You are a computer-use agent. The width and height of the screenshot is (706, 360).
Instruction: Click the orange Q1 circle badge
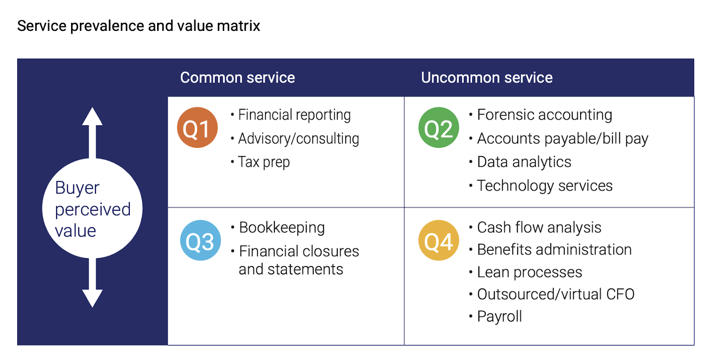[x=197, y=127]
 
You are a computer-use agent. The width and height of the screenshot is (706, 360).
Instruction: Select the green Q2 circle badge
[x=439, y=127]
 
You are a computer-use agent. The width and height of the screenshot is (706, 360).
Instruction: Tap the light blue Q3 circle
[x=200, y=240]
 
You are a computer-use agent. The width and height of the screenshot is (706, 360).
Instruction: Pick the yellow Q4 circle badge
[x=439, y=240]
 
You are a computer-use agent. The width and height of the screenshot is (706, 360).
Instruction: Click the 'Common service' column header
[x=237, y=78]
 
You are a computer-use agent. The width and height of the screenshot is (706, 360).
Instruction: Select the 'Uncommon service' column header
[x=487, y=78]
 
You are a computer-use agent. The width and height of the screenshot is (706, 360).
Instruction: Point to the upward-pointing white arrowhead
[x=92, y=116]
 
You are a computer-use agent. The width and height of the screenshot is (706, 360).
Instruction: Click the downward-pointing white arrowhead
[x=92, y=298]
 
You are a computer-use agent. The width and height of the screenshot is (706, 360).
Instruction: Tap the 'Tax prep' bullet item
[x=263, y=162]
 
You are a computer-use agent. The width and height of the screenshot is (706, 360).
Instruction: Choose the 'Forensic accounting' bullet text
[x=545, y=114]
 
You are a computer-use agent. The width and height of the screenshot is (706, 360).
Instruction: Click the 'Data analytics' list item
[x=524, y=162]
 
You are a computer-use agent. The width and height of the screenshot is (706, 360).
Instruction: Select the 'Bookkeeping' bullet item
[x=282, y=228]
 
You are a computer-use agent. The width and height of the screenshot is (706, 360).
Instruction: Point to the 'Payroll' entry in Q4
[x=499, y=316]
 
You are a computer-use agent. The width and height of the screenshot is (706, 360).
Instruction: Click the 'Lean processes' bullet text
[x=529, y=272]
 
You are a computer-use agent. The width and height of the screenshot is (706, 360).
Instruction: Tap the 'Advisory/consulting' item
[x=298, y=139]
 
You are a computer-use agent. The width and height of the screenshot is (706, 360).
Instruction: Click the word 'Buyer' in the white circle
[x=77, y=188]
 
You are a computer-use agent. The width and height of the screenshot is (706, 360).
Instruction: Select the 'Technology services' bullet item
[x=545, y=186]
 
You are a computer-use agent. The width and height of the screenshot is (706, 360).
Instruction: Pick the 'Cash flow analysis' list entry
[x=539, y=228]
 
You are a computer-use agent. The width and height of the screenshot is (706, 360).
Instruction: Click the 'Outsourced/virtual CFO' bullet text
[x=556, y=294]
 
